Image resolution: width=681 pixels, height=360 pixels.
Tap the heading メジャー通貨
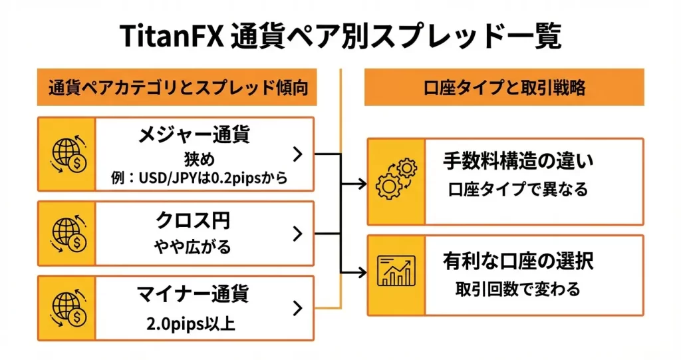[194, 135]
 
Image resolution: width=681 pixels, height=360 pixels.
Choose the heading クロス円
[194, 220]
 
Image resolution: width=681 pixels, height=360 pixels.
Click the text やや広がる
[194, 247]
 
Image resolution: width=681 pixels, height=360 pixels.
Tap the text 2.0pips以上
[194, 324]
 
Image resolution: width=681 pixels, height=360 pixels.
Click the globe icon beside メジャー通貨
[67, 154]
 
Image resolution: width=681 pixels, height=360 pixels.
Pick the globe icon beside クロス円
[67, 234]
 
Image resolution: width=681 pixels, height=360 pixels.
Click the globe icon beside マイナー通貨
[67, 308]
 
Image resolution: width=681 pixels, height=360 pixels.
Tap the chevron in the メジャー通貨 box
[297, 154]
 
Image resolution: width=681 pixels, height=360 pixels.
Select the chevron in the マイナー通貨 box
[297, 308]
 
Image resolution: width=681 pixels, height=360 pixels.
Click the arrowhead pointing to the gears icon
[362, 182]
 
